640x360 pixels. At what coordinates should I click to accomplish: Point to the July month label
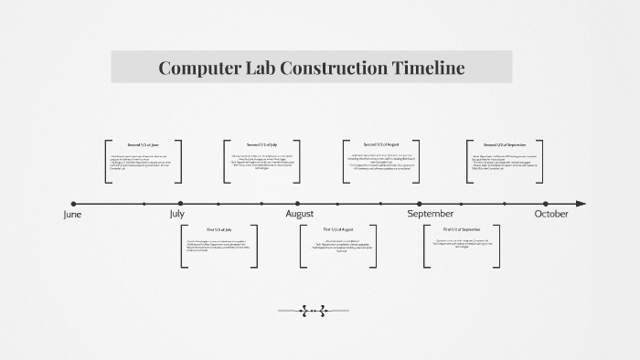pos(180,215)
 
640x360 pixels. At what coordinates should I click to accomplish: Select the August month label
pos(299,215)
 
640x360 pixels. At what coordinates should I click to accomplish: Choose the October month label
pos(550,215)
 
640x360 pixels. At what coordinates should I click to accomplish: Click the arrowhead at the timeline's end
pos(581,204)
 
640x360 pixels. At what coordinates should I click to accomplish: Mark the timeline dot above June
pos(74,204)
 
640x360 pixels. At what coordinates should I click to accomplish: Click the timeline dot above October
pos(546,204)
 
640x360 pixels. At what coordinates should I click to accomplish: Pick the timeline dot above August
pos(298,204)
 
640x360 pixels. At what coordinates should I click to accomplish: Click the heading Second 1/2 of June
pos(143,145)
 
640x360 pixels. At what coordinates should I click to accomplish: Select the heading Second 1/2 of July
pos(261,145)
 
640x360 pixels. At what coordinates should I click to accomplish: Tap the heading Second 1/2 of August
pos(380,145)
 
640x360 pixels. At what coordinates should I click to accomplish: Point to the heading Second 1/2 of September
pos(505,145)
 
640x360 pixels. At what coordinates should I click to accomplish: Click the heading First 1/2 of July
pos(219,228)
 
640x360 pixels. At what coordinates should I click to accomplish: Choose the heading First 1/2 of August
pos(338,228)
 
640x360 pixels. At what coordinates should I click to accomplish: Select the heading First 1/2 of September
pos(462,228)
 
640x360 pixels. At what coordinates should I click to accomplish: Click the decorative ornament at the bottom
pos(313,311)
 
